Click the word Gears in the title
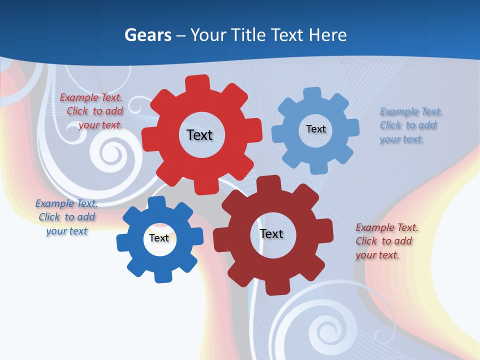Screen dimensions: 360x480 [147, 35]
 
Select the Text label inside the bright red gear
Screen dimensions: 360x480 [199, 135]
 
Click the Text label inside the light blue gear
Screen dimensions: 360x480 [315, 129]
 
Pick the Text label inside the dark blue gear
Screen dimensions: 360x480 [159, 238]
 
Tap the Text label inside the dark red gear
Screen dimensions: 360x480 [271, 233]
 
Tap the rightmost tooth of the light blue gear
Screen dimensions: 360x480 [351, 128]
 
